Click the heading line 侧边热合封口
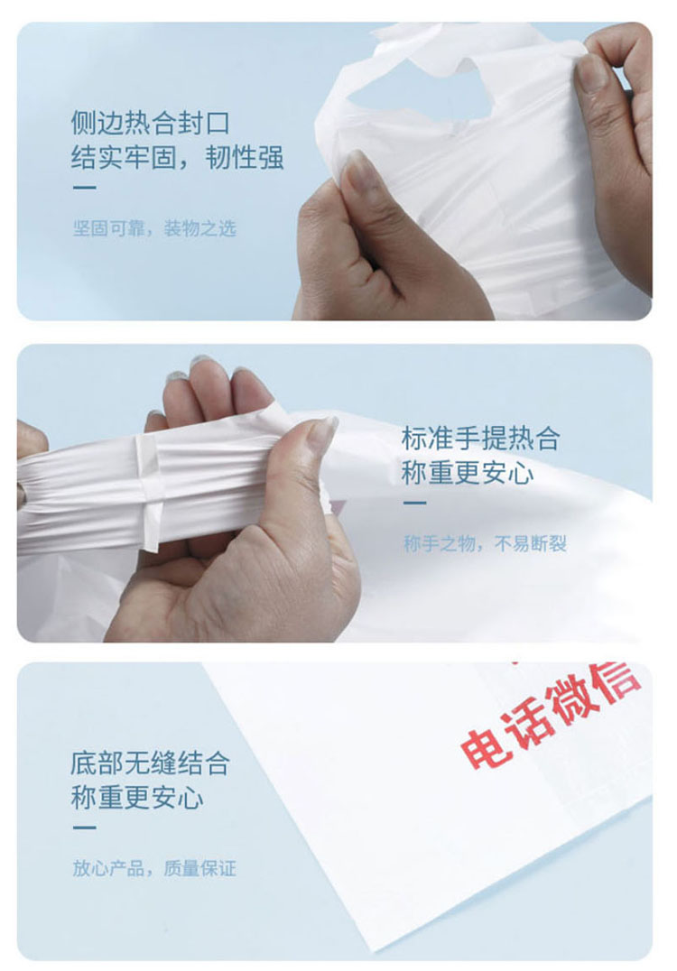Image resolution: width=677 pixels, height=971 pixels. tap(151, 123)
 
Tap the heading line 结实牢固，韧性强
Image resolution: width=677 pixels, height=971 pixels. tap(177, 157)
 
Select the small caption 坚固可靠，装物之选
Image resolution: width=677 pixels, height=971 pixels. tap(154, 228)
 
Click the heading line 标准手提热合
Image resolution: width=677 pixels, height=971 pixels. tap(480, 439)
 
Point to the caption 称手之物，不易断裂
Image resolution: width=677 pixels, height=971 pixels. tap(485, 544)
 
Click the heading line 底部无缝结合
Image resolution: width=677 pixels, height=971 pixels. tap(150, 763)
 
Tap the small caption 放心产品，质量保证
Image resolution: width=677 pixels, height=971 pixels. tap(154, 868)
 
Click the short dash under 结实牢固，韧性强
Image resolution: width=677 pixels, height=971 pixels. tap(84, 188)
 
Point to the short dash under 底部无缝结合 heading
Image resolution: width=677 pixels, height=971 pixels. tap(84, 828)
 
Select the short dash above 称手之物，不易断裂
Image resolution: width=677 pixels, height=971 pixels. tap(415, 503)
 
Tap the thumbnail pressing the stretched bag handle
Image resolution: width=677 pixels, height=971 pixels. tap(322, 431)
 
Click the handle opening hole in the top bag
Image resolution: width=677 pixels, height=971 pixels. tap(409, 93)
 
